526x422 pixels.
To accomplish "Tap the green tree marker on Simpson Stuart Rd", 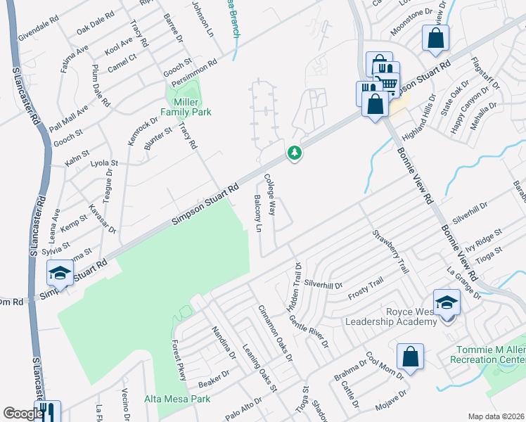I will [x=295, y=152].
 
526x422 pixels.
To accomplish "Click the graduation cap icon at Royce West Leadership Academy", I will [x=447, y=302].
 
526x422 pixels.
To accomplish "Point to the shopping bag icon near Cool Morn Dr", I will [x=410, y=357].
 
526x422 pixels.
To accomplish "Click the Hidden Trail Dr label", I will [x=295, y=287].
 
